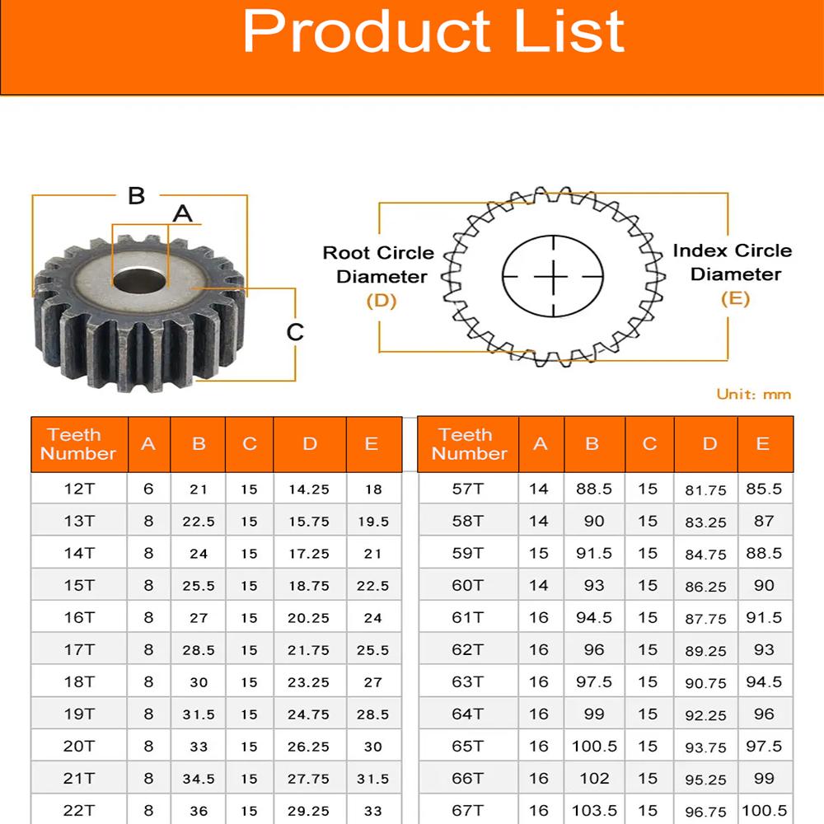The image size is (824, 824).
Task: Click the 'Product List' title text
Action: pyautogui.click(x=433, y=31)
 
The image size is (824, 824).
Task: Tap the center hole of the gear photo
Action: pyautogui.click(x=140, y=280)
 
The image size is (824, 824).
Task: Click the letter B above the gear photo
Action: pyautogui.click(x=137, y=195)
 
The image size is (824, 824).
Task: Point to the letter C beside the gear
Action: pyautogui.click(x=295, y=332)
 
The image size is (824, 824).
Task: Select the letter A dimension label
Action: pyautogui.click(x=182, y=214)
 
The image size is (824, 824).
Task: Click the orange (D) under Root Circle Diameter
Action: pyautogui.click(x=382, y=301)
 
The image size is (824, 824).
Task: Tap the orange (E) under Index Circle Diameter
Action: pyautogui.click(x=735, y=298)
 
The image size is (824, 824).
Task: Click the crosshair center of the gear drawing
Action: pyautogui.click(x=553, y=276)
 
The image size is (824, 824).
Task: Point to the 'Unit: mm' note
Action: pyautogui.click(x=754, y=394)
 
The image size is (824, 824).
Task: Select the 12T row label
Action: pyautogui.click(x=79, y=489)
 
